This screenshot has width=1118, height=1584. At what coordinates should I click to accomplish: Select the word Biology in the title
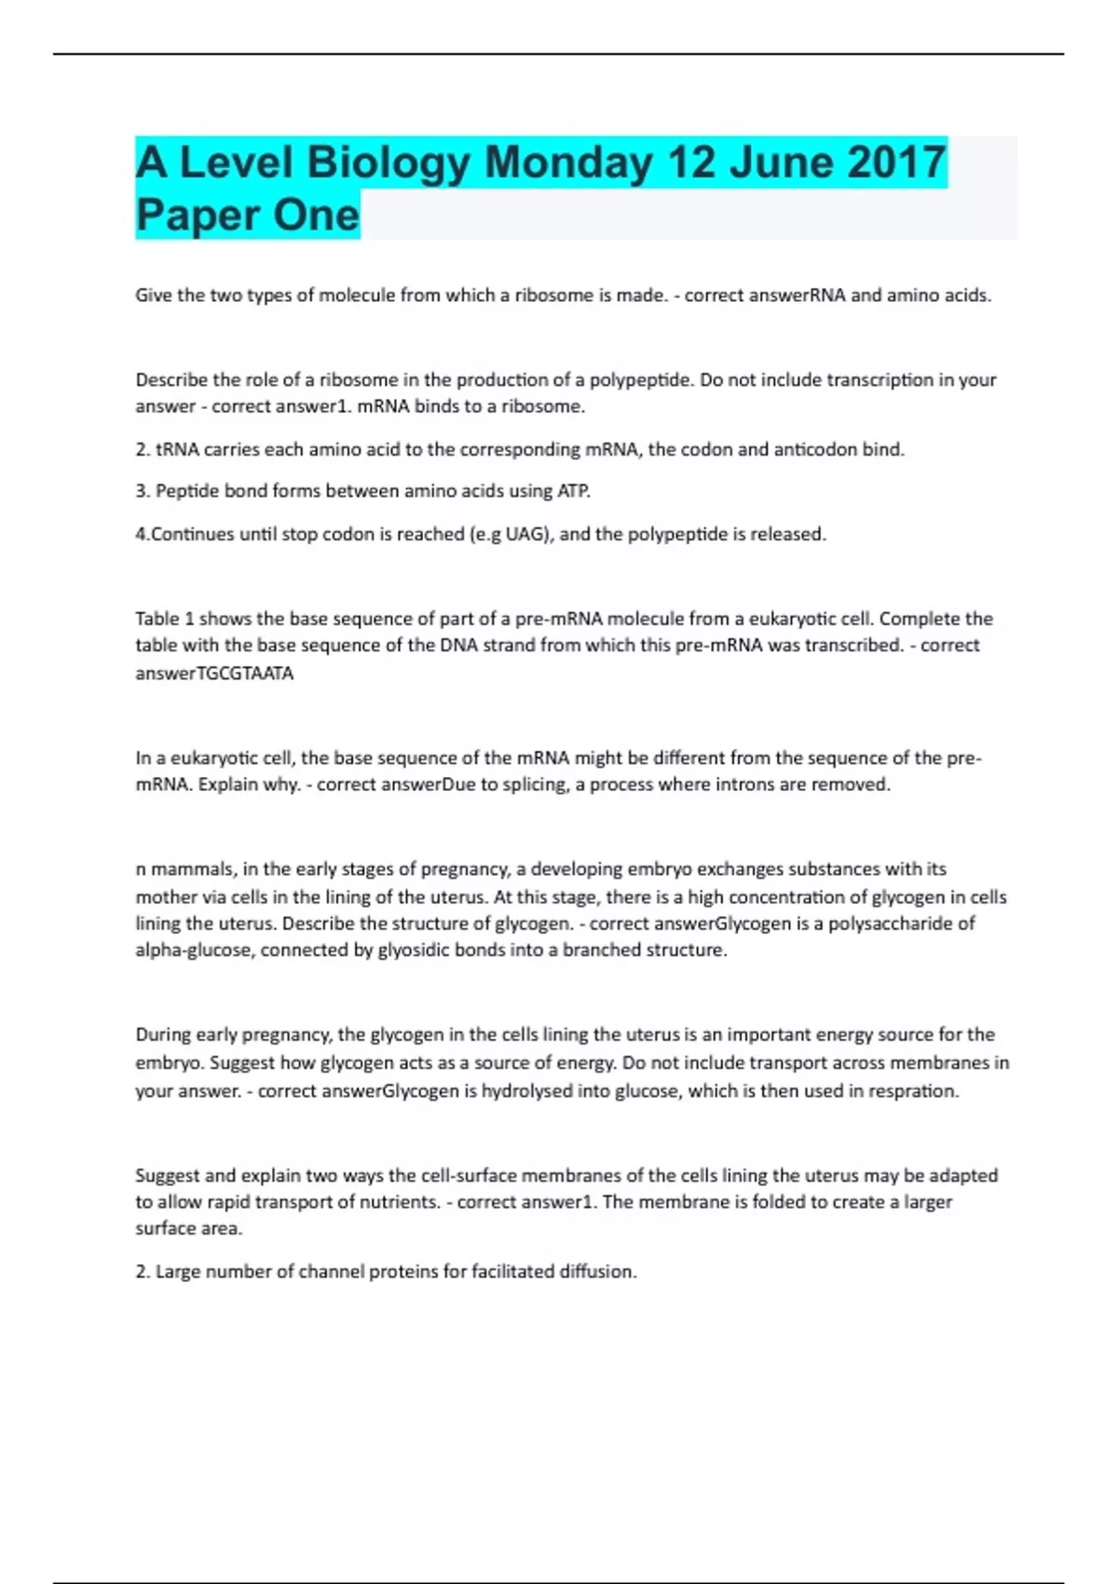pyautogui.click(x=389, y=163)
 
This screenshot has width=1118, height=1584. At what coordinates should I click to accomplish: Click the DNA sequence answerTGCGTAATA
pyautogui.click(x=214, y=673)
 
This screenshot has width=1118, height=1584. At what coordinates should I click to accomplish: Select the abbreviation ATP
pyautogui.click(x=573, y=491)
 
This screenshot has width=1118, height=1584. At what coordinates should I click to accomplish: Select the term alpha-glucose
pyautogui.click(x=194, y=950)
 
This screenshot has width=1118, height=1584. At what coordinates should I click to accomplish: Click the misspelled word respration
pyautogui.click(x=912, y=1090)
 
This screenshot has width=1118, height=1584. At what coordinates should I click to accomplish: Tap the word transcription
pyautogui.click(x=890, y=380)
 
